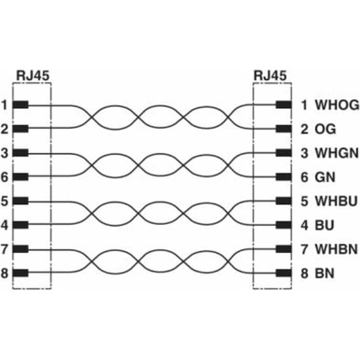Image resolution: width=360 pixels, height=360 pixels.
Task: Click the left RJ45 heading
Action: tap(32, 76)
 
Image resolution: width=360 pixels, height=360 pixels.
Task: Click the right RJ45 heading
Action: tap(270, 76)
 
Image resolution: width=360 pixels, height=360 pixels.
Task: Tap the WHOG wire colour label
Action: tap(337, 105)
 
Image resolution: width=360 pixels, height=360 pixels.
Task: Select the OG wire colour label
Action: tap(325, 130)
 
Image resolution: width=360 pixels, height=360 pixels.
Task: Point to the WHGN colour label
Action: tap(337, 153)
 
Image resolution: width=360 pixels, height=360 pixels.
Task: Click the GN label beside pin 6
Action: tap(325, 177)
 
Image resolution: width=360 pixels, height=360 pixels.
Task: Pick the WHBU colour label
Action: tap(336, 201)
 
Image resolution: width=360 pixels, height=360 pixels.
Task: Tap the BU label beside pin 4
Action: tap(324, 225)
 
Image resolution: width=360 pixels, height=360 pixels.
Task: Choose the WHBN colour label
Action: tap(337, 249)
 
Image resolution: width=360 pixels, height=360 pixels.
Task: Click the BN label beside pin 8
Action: tap(324, 274)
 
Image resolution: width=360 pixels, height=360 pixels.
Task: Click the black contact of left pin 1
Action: tap(21, 105)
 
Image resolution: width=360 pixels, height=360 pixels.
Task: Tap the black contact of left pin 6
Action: tap(21, 177)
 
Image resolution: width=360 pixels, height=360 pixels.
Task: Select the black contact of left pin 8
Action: tap(21, 274)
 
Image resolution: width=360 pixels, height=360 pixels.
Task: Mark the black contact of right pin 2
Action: tap(283, 130)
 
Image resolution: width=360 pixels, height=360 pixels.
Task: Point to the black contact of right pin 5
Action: tap(283, 201)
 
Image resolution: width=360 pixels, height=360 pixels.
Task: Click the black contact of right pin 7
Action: tap(283, 249)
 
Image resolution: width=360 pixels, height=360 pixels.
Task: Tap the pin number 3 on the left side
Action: tap(4, 153)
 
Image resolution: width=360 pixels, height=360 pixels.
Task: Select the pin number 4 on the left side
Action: tap(4, 225)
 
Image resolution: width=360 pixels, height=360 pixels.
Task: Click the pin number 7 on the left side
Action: tap(4, 249)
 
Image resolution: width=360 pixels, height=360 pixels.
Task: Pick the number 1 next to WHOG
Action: tap(304, 105)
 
